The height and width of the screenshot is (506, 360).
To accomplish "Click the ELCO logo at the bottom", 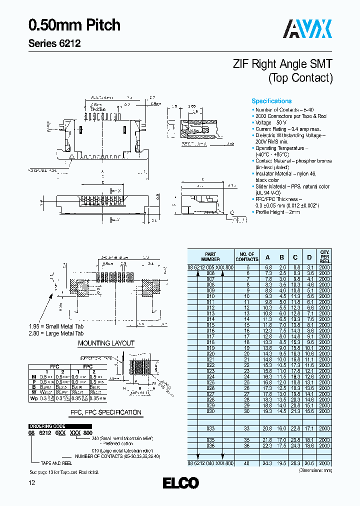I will [180, 483].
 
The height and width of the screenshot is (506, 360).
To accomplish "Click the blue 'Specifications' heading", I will [271, 101].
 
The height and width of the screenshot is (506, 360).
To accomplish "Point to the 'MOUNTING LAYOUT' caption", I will [106, 343].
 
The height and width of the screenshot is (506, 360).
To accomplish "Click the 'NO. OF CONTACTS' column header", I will [247, 257].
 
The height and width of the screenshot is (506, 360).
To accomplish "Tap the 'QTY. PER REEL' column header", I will [325, 257].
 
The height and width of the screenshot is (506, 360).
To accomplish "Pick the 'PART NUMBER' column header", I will [210, 257].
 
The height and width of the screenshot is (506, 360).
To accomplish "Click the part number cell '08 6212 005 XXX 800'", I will [210, 268].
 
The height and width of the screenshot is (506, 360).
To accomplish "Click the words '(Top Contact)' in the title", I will [300, 78].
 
